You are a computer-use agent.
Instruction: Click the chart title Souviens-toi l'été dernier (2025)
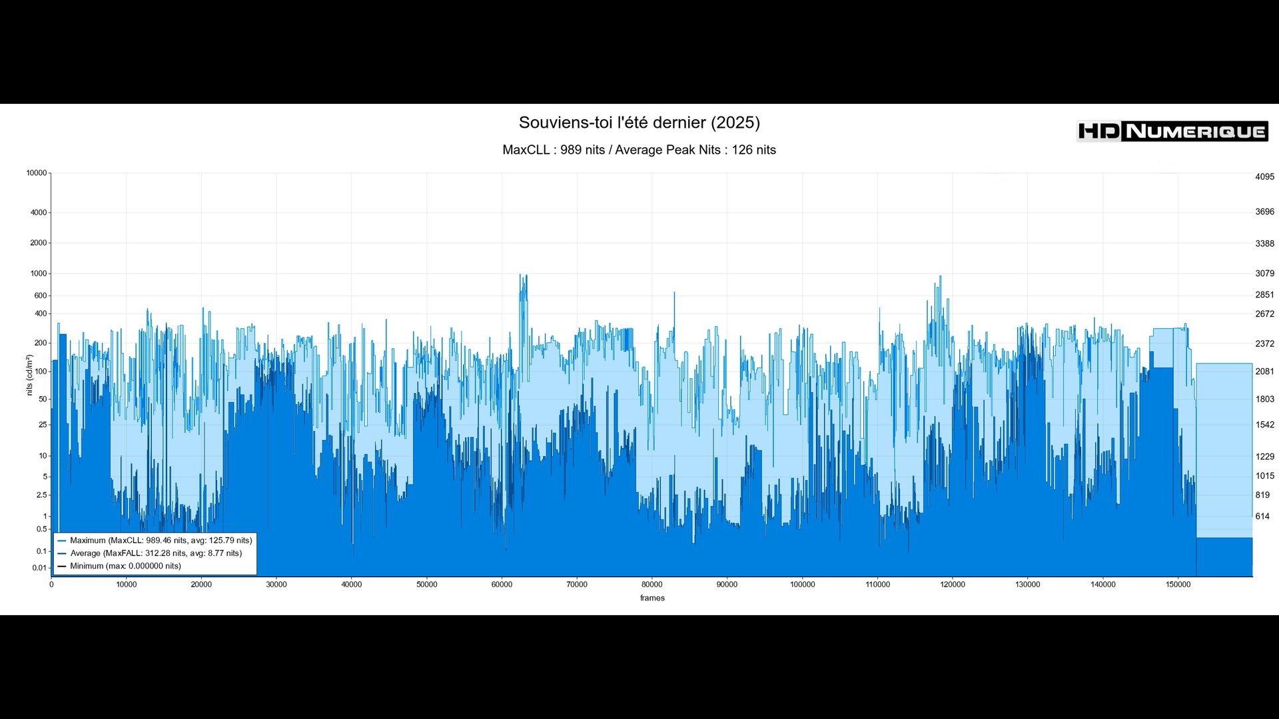point(639,122)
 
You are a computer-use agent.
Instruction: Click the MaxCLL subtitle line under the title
point(639,150)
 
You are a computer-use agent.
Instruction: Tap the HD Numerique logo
point(1172,131)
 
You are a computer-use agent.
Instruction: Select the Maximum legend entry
point(161,541)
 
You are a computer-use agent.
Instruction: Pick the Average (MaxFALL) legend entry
point(156,553)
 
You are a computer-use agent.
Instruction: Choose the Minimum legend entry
point(125,566)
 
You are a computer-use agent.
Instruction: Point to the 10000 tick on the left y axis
point(37,173)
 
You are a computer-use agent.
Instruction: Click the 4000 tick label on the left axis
point(39,213)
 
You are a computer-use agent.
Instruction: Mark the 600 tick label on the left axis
point(41,296)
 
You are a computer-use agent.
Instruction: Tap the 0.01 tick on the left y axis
point(39,568)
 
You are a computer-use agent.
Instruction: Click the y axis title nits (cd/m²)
point(29,375)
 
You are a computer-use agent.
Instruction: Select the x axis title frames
point(652,598)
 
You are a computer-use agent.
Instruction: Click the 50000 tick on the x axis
point(427,585)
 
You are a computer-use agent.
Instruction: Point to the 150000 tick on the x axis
point(1178,585)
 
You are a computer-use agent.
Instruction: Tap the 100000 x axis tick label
point(802,585)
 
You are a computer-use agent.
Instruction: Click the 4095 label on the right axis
point(1264,177)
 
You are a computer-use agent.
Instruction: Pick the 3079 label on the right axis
point(1264,274)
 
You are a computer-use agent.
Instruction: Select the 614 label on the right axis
point(1262,517)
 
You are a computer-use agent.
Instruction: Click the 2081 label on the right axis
point(1264,371)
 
